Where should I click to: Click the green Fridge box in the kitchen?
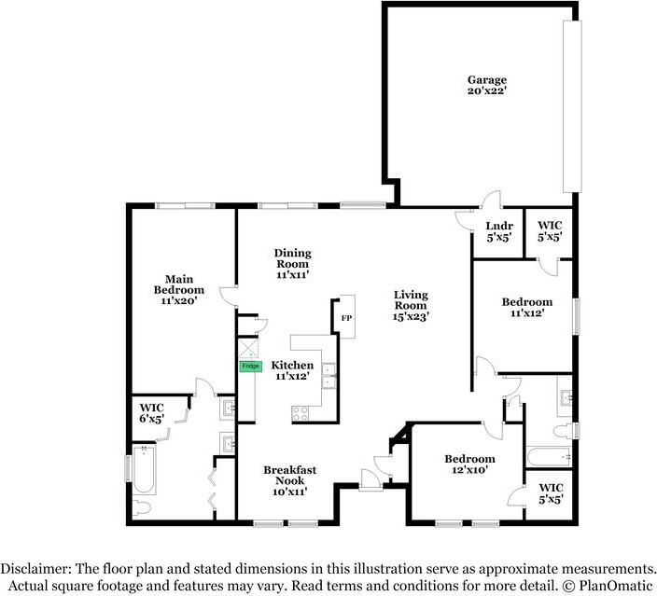coord(250,367)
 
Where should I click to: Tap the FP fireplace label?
coord(346,318)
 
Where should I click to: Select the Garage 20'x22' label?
coord(487,85)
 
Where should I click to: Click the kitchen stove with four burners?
coord(300,414)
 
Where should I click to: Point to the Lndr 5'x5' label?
coord(499,231)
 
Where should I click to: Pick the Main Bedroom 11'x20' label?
coord(179,290)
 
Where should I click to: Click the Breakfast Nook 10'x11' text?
coord(290,481)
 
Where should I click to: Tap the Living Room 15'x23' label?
coord(411,306)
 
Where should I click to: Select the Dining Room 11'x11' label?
coord(292,264)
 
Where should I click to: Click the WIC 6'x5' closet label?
coord(151,413)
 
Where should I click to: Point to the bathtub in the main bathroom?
coord(145,469)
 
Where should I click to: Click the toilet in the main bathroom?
coord(141,508)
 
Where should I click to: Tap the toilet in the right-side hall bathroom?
coord(563,432)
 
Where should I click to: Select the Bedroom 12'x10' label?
coord(469,464)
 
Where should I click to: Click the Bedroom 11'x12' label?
coord(527,308)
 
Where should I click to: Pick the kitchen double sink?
coord(328,376)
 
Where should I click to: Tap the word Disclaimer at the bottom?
coord(35,569)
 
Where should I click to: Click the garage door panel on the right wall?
coord(572,106)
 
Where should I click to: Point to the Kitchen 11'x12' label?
coord(292,370)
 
